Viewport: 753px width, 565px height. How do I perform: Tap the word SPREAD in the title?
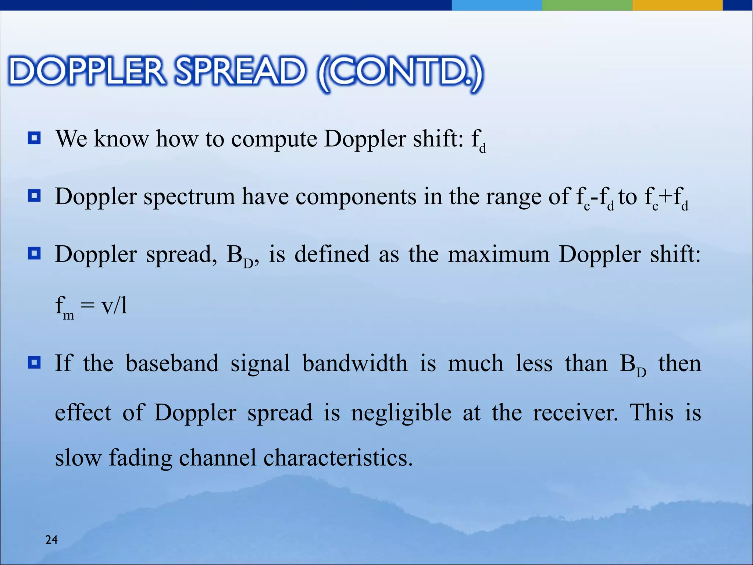(x=240, y=71)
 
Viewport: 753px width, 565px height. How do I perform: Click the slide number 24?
(x=51, y=540)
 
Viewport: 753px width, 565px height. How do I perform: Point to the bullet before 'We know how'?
(x=34, y=139)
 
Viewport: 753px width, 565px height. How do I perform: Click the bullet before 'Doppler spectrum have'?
(x=34, y=196)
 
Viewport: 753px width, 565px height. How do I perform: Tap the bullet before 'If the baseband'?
(x=34, y=363)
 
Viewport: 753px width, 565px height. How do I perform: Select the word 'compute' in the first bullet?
(x=274, y=140)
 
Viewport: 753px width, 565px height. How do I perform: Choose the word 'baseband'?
(x=172, y=363)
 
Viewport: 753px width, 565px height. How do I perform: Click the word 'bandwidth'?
(x=355, y=363)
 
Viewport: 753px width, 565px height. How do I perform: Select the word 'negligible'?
(x=401, y=413)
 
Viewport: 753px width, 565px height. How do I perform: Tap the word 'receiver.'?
(x=575, y=413)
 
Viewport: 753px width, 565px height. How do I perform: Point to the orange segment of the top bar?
(x=677, y=5)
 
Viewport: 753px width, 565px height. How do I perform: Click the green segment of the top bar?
(x=587, y=5)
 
